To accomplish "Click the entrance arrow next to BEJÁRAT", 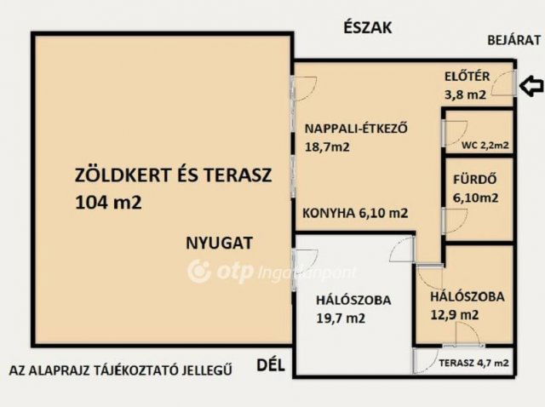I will pos(531,85).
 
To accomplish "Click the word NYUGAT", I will pos(219,243).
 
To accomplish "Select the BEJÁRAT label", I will pos(513,39).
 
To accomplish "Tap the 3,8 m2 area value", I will pos(465,95).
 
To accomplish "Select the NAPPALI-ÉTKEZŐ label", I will pos(357,129).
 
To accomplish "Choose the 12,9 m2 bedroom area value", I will pos(454,315).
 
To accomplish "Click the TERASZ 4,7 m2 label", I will pos(473,364).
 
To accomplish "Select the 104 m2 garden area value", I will pos(106,203).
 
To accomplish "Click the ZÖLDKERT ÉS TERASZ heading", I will pos(172,176).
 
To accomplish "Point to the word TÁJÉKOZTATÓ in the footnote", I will pos(141,370).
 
